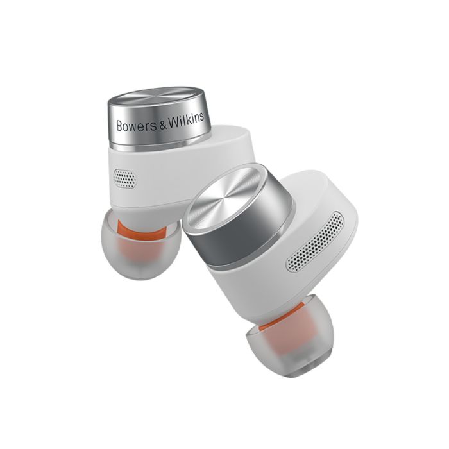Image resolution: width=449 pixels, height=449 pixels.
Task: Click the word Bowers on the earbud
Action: (137, 126)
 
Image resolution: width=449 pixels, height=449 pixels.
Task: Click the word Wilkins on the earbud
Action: (186, 119)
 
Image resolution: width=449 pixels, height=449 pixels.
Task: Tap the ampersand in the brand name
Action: (163, 124)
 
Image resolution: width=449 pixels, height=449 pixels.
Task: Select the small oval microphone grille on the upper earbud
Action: (125, 179)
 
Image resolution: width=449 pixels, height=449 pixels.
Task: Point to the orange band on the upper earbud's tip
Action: (142, 229)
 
